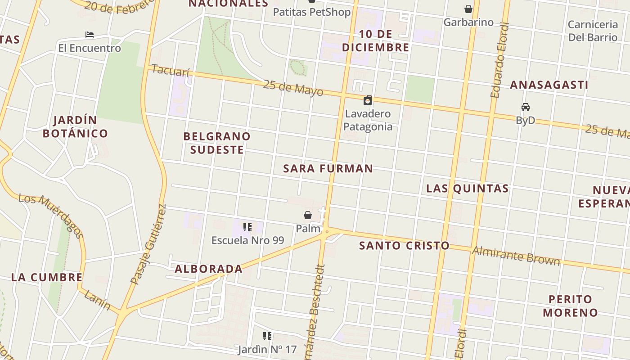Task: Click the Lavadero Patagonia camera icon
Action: click(x=368, y=100)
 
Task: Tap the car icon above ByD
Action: click(x=525, y=107)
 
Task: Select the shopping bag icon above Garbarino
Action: click(x=468, y=9)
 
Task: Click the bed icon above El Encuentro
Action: click(x=90, y=35)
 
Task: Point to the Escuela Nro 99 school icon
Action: click(x=247, y=227)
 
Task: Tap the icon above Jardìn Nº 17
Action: click(x=267, y=336)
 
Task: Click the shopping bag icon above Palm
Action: click(x=308, y=215)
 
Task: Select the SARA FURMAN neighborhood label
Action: click(x=328, y=169)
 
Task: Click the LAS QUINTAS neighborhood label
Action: click(x=467, y=189)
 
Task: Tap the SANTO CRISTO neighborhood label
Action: click(x=404, y=246)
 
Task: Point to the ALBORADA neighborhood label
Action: click(x=208, y=269)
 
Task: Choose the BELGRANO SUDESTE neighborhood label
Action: click(x=217, y=143)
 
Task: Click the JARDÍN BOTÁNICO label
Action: click(x=75, y=127)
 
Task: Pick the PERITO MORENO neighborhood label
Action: click(x=570, y=306)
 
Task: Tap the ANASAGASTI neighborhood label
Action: click(x=549, y=85)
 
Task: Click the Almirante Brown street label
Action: click(x=516, y=256)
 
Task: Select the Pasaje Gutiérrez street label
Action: click(x=148, y=245)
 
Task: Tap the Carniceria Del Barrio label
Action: click(x=593, y=31)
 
